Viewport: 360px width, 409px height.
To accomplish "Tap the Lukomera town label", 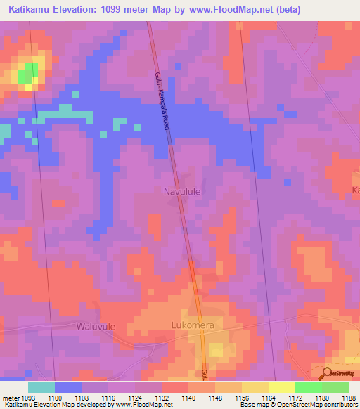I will click(197, 325).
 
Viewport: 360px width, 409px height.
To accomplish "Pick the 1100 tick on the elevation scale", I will click(56, 398).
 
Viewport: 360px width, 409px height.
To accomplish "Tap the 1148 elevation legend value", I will click(214, 398).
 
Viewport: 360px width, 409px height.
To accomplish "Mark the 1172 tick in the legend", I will click(295, 398).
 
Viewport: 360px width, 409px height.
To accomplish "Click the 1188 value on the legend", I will click(347, 398).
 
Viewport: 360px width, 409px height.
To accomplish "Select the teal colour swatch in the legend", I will click(41, 387).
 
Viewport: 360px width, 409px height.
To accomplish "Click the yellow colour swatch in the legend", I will click(281, 387).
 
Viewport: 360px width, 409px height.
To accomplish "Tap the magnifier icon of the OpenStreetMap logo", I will click(327, 373).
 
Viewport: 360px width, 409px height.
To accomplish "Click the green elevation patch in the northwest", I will click(29, 73).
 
